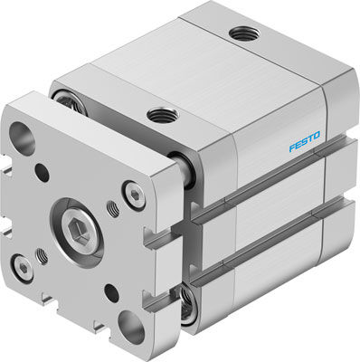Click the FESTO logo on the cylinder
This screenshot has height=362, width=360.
pyautogui.click(x=305, y=143)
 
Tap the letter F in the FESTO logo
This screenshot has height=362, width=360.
pyautogui.click(x=292, y=148)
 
